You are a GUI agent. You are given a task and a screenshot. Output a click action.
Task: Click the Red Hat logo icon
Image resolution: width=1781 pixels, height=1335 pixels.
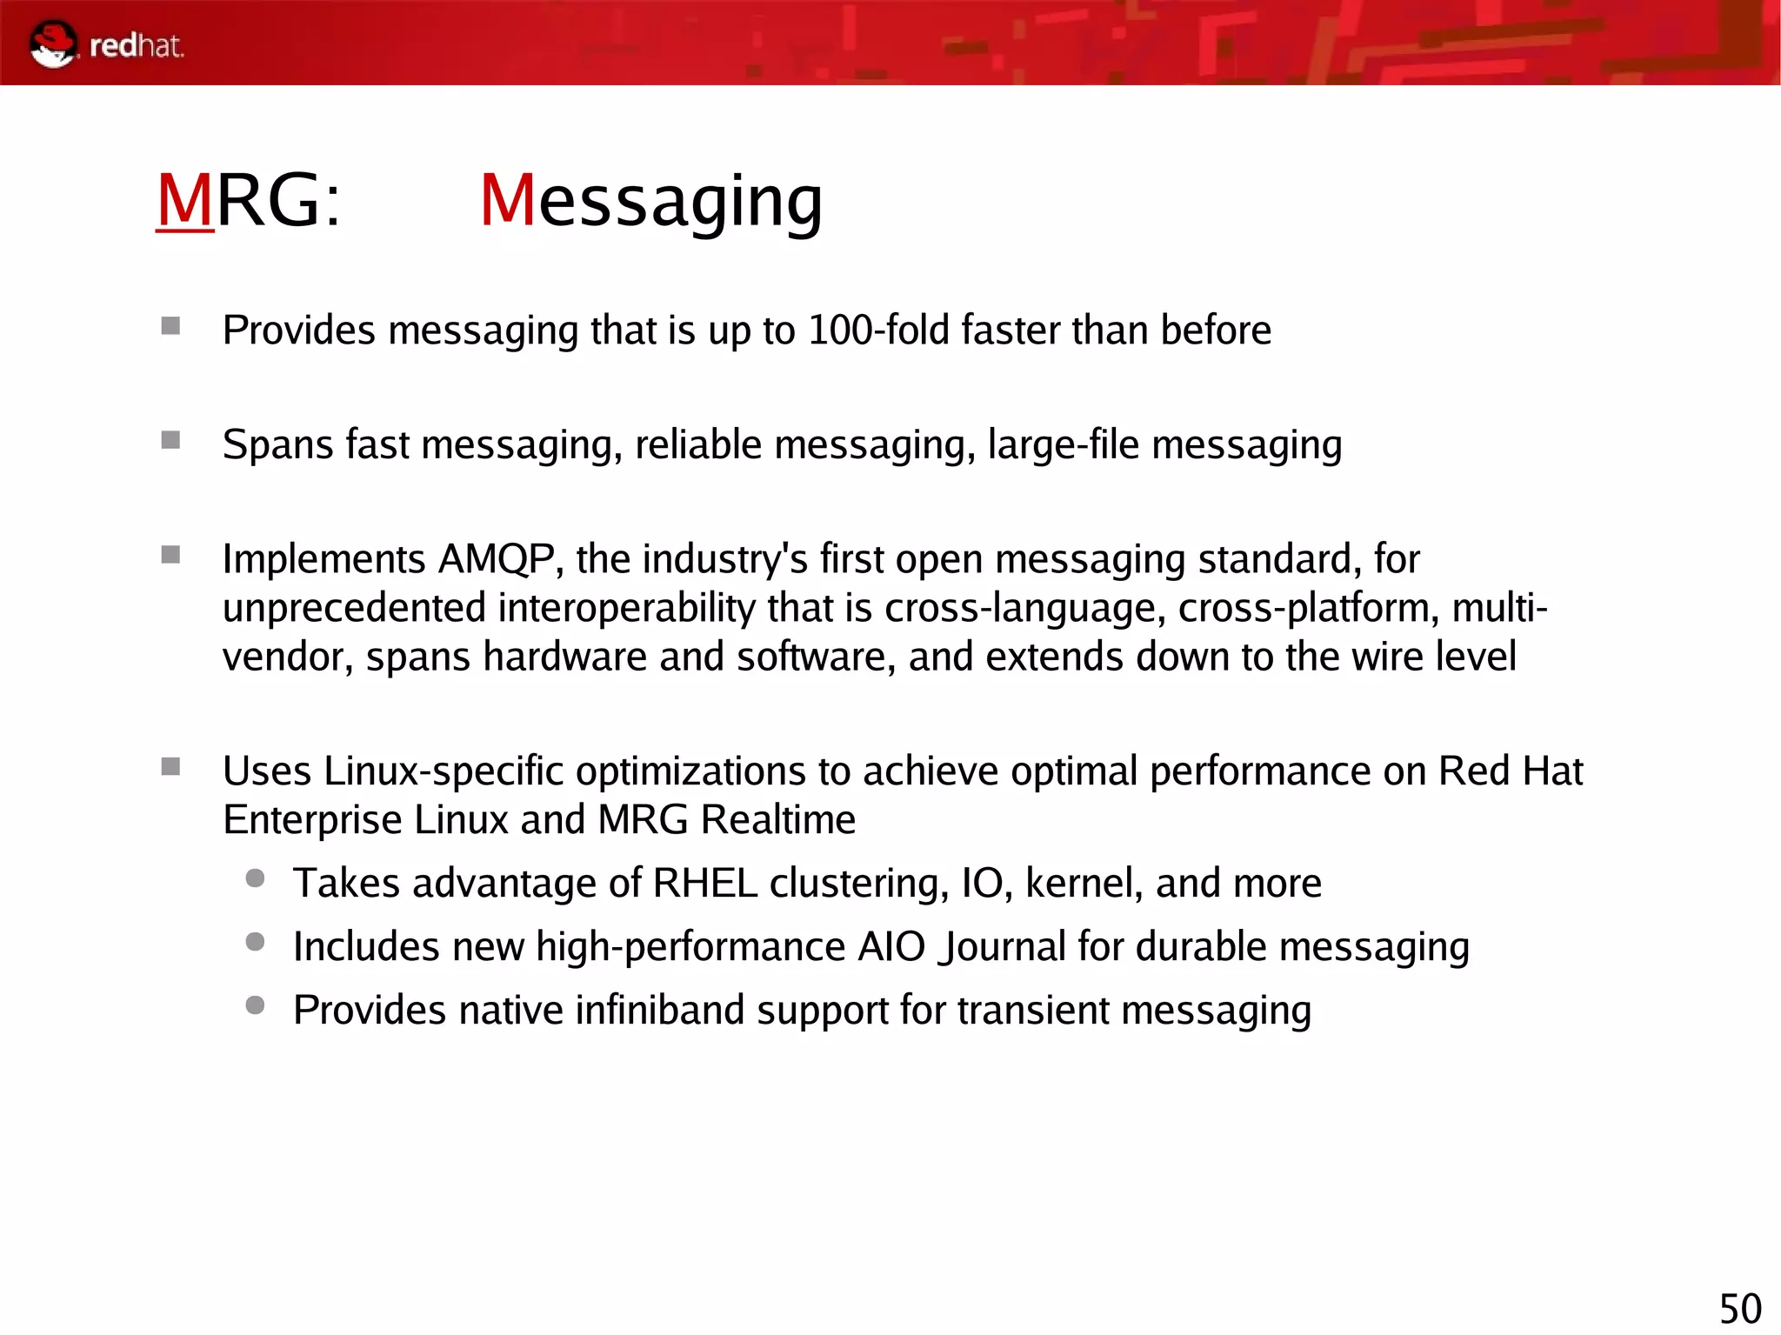point(53,44)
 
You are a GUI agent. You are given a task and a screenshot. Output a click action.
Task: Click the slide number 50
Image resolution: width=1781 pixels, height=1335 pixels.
point(1740,1309)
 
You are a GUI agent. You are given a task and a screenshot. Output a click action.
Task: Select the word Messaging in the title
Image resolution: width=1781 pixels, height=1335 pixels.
point(650,201)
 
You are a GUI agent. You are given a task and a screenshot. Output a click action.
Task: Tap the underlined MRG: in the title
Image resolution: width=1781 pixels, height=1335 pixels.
point(249,201)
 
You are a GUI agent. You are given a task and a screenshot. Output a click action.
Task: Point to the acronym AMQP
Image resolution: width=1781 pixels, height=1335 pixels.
point(496,559)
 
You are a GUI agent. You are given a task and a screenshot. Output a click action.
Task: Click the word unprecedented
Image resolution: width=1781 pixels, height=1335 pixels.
point(354,608)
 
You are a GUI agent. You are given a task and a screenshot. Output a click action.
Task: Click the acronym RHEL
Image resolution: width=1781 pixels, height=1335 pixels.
point(704,884)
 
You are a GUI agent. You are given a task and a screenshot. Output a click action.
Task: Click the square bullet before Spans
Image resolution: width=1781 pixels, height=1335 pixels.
point(170,441)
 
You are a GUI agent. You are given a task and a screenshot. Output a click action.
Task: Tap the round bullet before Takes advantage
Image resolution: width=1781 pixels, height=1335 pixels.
point(255,878)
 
